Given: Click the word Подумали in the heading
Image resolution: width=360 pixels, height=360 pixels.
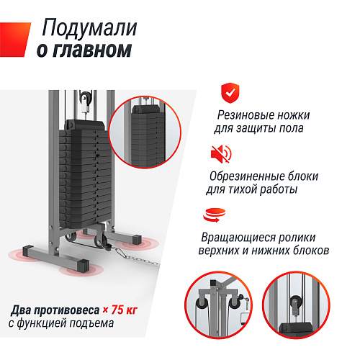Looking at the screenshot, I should [90, 27].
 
